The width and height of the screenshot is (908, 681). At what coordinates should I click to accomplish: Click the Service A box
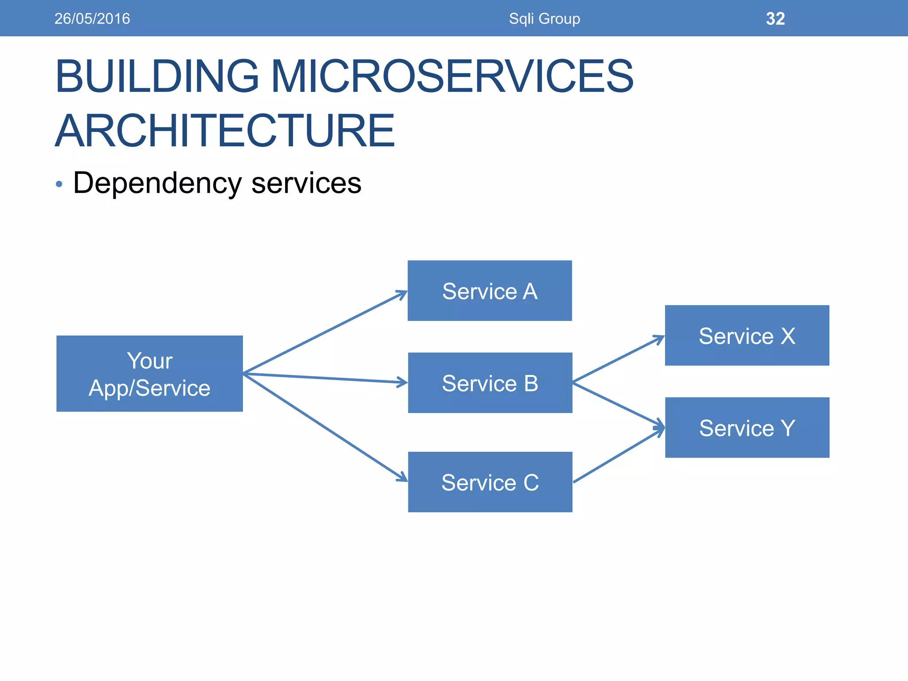pyautogui.click(x=489, y=291)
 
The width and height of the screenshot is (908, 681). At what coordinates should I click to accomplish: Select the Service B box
pyautogui.click(x=490, y=383)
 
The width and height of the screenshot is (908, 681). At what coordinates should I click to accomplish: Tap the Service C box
pyautogui.click(x=490, y=482)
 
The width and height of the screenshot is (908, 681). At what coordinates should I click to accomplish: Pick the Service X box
pyautogui.click(x=747, y=336)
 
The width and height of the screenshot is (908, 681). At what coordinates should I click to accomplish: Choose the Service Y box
pyautogui.click(x=747, y=428)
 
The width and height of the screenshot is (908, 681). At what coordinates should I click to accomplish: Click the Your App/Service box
pyautogui.click(x=149, y=374)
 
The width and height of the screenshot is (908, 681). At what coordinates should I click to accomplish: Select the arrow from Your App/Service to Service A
pyautogui.click(x=325, y=332)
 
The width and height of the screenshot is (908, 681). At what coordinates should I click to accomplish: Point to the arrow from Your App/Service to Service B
pyautogui.click(x=325, y=378)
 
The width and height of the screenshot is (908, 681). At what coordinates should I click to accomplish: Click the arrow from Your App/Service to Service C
pyautogui.click(x=325, y=427)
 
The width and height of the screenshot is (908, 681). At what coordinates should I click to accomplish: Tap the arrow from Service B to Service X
pyautogui.click(x=618, y=360)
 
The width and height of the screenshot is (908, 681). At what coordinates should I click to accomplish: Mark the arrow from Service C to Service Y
pyautogui.click(x=619, y=455)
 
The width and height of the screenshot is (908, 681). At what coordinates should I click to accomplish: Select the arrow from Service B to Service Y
pyautogui.click(x=618, y=405)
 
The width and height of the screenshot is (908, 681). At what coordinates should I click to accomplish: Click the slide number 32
pyautogui.click(x=775, y=19)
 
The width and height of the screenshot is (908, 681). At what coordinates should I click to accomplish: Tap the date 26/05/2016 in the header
pyautogui.click(x=92, y=19)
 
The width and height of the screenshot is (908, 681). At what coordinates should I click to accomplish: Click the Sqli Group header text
pyautogui.click(x=544, y=19)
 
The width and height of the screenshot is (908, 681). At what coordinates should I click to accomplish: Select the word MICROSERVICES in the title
pyautogui.click(x=452, y=76)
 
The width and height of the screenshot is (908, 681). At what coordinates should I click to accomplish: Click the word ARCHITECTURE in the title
pyautogui.click(x=225, y=130)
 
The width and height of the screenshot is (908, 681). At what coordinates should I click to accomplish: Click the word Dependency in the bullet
pyautogui.click(x=157, y=183)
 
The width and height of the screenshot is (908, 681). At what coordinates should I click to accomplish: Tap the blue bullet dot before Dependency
pyautogui.click(x=59, y=184)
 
